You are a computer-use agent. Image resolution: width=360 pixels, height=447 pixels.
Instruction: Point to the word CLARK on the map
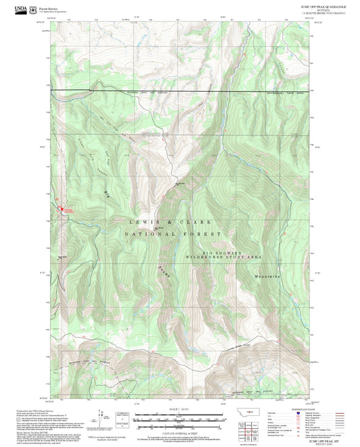pyautogui.click(x=198, y=222)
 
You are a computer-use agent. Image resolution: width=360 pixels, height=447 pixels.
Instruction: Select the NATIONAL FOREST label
pyautogui.click(x=169, y=234)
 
